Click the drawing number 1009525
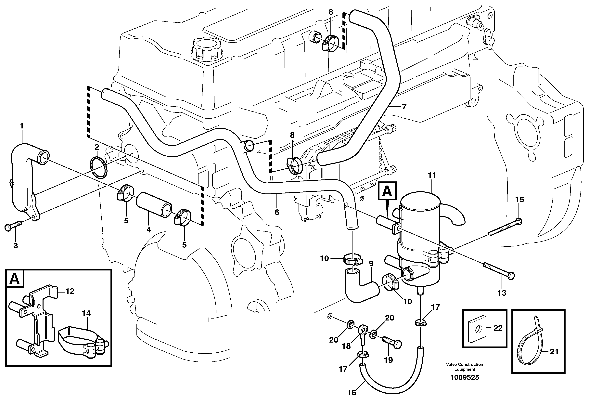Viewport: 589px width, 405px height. tap(465, 377)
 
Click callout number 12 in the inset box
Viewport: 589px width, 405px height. tap(70, 291)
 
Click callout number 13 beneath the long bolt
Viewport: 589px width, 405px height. tap(502, 293)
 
